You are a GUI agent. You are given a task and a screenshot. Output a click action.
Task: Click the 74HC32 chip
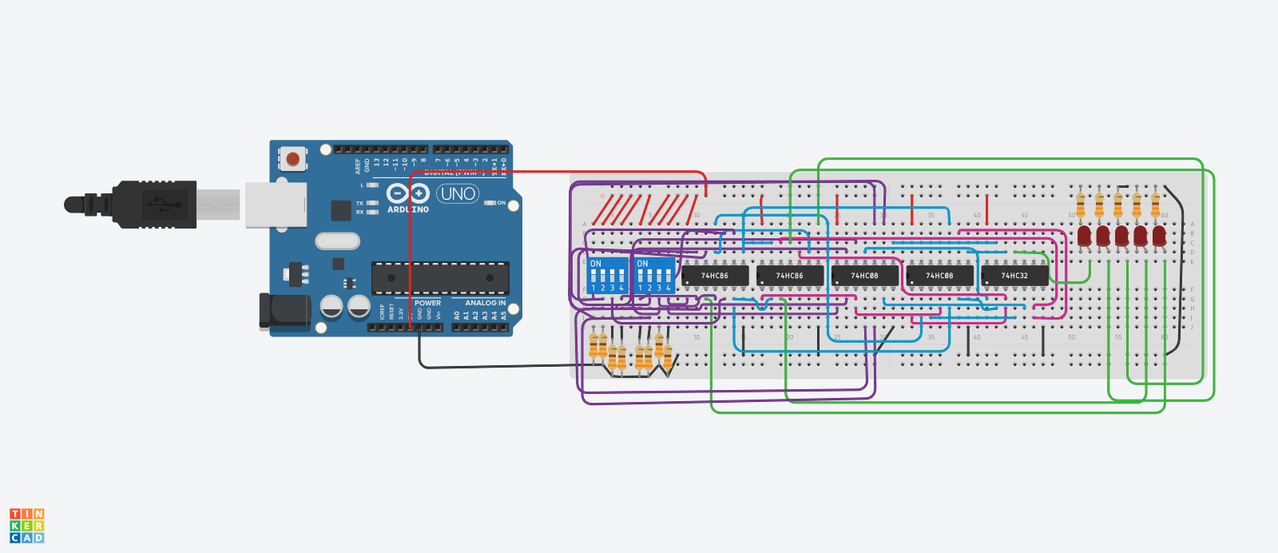(1014, 276)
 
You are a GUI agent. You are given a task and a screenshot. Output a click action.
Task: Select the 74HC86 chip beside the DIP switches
(715, 276)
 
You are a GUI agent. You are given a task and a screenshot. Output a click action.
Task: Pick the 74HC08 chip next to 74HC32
(939, 276)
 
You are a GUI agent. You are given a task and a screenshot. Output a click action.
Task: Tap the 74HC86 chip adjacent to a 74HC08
(789, 276)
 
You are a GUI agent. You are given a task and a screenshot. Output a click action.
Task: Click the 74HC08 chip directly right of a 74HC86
(864, 276)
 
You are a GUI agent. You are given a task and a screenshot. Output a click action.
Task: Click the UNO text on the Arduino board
(458, 193)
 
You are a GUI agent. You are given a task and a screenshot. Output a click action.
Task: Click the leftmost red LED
(1084, 236)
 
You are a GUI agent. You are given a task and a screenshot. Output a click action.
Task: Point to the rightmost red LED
(1159, 236)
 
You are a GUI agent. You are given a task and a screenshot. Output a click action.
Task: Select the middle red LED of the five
(1121, 236)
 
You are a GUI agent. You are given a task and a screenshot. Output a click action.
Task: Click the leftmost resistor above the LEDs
(1081, 205)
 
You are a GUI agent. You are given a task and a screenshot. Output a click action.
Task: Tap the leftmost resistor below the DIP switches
(593, 346)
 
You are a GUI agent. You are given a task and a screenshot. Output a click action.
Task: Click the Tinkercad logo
(26, 526)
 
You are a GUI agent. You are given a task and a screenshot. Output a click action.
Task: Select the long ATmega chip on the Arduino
(440, 278)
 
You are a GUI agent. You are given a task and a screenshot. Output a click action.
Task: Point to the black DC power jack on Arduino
(284, 311)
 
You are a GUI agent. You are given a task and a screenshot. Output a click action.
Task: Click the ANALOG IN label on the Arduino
(486, 303)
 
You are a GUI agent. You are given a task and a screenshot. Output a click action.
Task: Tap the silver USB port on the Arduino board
(276, 205)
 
